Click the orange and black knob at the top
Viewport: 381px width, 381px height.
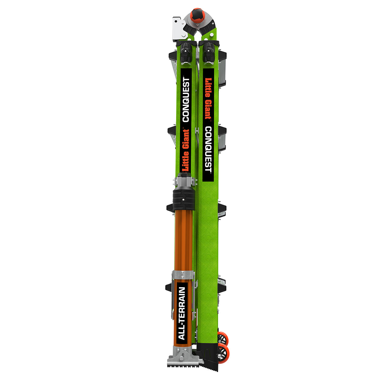coord(197,14)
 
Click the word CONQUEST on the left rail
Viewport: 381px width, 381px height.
coord(186,100)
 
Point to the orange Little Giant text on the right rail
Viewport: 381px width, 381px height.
coord(208,98)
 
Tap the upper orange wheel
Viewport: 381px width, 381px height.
coord(223,339)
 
